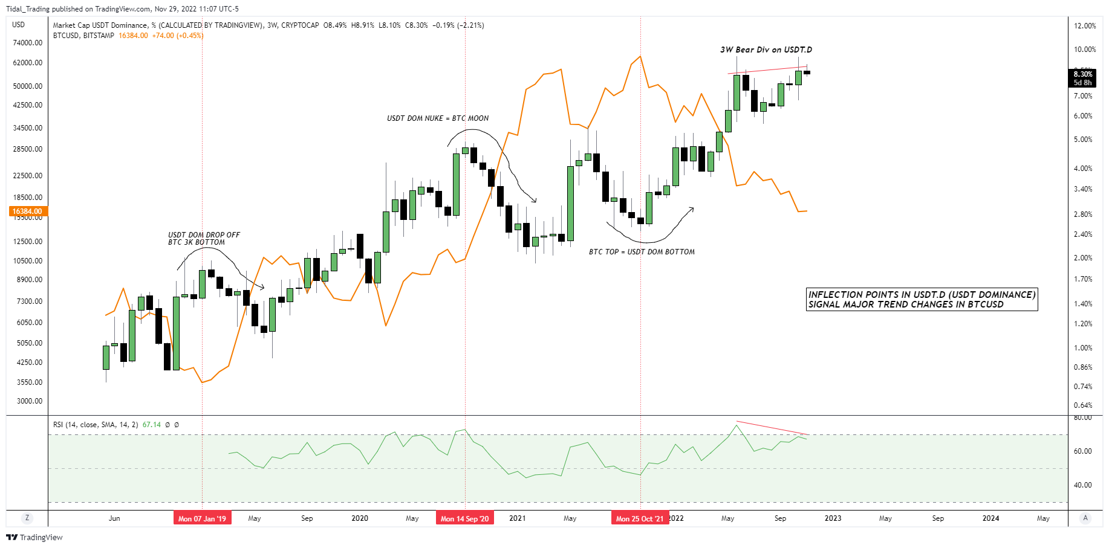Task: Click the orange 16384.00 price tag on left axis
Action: point(27,211)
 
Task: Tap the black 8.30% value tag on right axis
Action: point(1082,74)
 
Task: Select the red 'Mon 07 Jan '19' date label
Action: point(202,518)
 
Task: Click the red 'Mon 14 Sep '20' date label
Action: point(464,518)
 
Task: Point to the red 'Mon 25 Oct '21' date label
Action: point(640,518)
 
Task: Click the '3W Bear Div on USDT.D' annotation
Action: point(766,50)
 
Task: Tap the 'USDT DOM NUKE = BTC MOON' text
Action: point(438,118)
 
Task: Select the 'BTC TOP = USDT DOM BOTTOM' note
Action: point(642,252)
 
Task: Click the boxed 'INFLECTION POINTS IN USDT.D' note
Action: point(922,299)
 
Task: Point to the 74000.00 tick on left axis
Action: point(28,43)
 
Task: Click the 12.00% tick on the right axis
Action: point(1085,26)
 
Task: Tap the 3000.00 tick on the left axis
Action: point(30,401)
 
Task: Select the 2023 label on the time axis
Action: point(833,518)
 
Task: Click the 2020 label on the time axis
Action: point(360,518)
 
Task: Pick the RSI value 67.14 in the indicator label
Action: point(151,425)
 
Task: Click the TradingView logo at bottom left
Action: point(34,537)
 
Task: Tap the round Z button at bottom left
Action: point(27,518)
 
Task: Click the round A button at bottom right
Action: point(1085,518)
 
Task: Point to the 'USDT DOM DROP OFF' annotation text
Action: point(204,235)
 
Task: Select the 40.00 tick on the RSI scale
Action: point(1082,485)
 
